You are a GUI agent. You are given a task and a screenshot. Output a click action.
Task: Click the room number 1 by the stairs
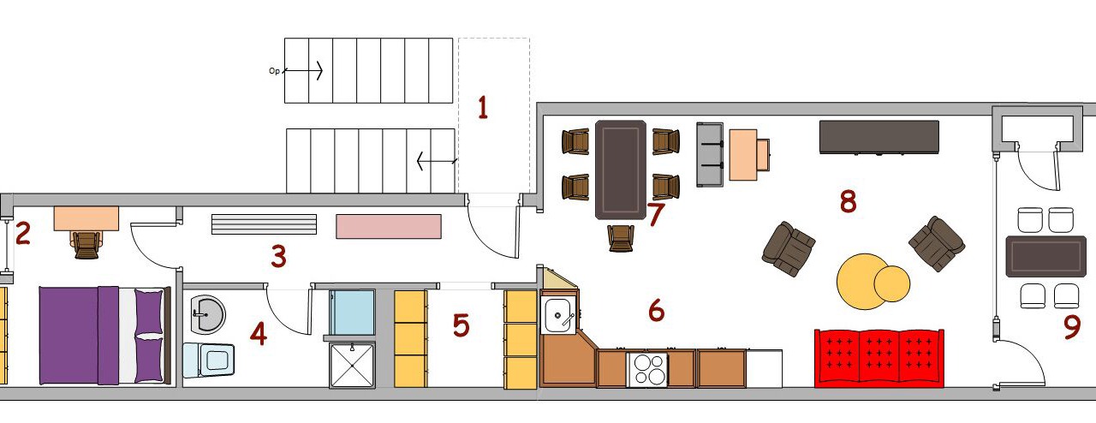click(483, 108)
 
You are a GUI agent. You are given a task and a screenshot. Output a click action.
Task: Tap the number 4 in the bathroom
click(259, 334)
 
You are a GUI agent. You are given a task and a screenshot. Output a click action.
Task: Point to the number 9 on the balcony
click(1072, 327)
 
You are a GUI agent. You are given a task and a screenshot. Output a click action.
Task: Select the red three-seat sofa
click(879, 359)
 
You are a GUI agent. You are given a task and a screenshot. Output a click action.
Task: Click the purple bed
click(104, 336)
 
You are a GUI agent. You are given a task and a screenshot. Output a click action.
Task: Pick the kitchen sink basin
click(557, 314)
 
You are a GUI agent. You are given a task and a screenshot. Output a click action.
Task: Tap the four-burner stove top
click(646, 369)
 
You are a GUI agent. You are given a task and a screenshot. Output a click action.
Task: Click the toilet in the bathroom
click(208, 360)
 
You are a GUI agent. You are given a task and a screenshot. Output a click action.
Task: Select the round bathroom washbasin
click(207, 313)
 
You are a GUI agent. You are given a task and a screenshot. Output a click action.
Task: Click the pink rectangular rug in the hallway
click(389, 226)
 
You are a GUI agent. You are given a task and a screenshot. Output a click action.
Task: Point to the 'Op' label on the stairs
click(274, 71)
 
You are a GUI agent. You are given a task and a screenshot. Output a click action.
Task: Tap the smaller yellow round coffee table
click(892, 283)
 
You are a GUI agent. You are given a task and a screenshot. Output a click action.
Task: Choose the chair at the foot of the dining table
click(621, 238)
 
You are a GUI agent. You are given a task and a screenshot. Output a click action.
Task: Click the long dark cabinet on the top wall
click(879, 137)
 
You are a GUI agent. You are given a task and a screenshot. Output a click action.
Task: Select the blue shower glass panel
click(352, 313)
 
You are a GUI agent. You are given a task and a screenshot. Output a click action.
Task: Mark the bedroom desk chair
click(86, 244)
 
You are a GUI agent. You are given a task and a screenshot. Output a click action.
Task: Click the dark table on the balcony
click(1044, 256)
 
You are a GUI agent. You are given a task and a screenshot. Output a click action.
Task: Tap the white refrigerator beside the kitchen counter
click(764, 368)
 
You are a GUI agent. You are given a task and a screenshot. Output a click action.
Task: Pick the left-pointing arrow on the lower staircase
click(437, 161)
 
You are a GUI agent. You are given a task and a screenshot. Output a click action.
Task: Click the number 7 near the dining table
click(656, 213)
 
